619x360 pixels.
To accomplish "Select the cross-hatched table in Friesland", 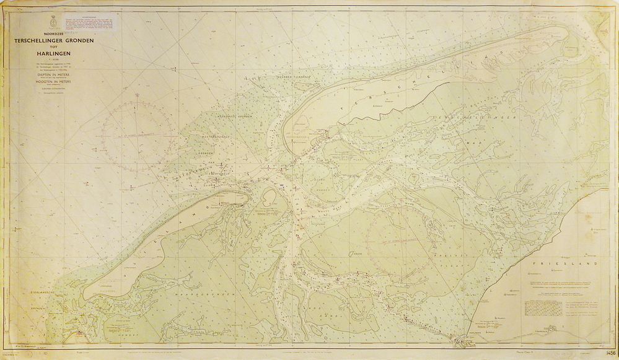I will (543, 307).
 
